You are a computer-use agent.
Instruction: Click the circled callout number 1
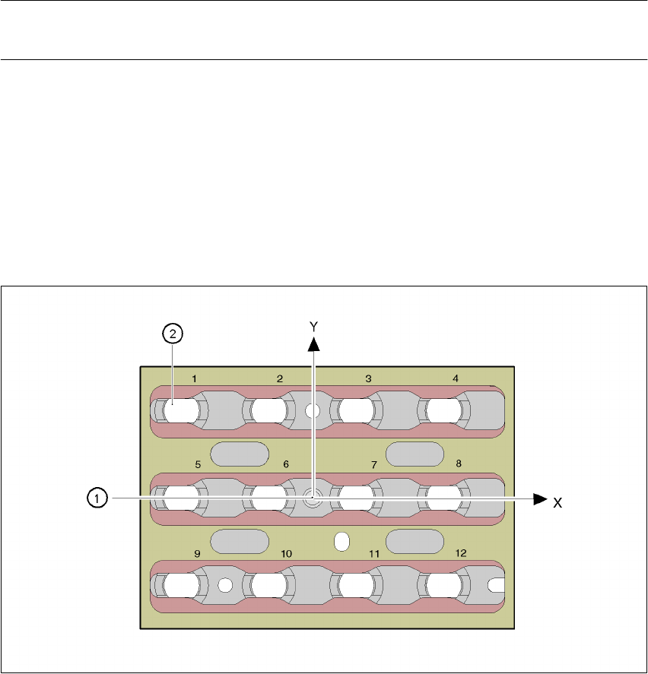coord(96,498)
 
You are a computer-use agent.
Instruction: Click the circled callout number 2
coord(173,333)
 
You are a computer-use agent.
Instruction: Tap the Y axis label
coord(313,324)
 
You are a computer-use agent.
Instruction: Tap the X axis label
coord(557,503)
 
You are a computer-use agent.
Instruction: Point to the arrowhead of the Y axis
coord(313,343)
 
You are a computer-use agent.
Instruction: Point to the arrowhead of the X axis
coord(539,498)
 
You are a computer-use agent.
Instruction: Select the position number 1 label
coord(195,378)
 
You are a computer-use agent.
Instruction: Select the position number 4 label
coord(456,378)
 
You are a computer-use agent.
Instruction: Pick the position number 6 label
coord(286,464)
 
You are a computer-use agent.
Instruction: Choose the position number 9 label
coord(197,554)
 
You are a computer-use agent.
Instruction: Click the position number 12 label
coord(461,554)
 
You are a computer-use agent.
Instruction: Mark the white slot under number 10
coord(268,585)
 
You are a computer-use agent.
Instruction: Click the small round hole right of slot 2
coord(311,411)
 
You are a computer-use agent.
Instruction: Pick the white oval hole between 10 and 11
coord(341,541)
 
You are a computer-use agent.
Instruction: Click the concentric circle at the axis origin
coord(312,498)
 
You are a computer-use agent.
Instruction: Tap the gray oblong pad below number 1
coord(239,454)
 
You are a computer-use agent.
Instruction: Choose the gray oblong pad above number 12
coord(415,541)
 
